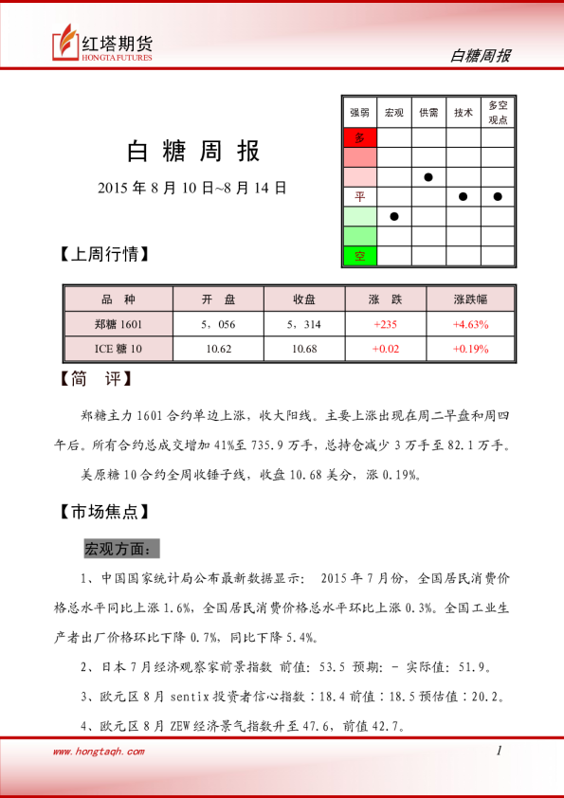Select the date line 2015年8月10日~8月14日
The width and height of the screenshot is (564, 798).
click(192, 188)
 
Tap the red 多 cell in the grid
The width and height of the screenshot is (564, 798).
click(359, 137)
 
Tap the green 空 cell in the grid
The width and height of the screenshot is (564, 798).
click(359, 256)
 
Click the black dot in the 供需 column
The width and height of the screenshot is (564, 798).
click(428, 177)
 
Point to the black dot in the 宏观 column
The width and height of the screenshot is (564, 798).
click(394, 216)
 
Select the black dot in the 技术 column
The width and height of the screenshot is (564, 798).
click(463, 196)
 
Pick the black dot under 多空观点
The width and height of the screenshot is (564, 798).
click(498, 196)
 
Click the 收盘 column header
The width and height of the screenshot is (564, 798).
click(304, 299)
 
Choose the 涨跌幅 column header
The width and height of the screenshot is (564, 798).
click(470, 299)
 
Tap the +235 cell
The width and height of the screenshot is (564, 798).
click(386, 324)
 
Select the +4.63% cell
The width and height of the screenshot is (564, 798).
click(470, 324)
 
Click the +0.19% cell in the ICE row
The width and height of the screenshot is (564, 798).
click(470, 349)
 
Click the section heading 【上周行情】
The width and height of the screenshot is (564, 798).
click(104, 255)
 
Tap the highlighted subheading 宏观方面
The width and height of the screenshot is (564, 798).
click(122, 550)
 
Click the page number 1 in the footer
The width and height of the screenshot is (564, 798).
click(499, 751)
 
